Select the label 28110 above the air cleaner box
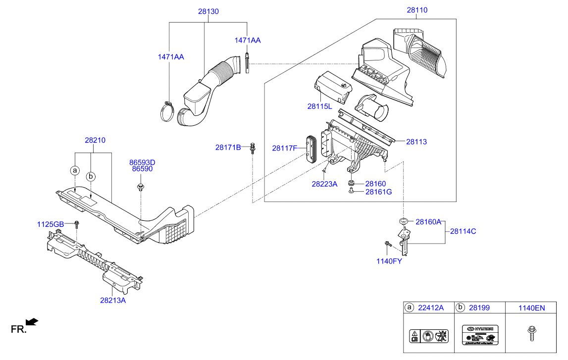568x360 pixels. pyautogui.click(x=417, y=10)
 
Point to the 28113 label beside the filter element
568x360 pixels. pyautogui.click(x=416, y=142)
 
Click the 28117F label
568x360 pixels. pyautogui.click(x=285, y=148)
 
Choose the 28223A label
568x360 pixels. pyautogui.click(x=324, y=184)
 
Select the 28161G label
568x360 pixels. pyautogui.click(x=379, y=192)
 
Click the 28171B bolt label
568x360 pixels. pyautogui.click(x=228, y=147)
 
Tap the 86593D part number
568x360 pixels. pyautogui.click(x=142, y=162)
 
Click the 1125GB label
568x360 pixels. pyautogui.click(x=51, y=224)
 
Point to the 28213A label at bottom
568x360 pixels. pyautogui.click(x=113, y=300)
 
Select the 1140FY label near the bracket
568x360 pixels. pyautogui.click(x=389, y=261)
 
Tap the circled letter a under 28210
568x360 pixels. pyautogui.click(x=75, y=171)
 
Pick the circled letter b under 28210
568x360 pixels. pyautogui.click(x=91, y=176)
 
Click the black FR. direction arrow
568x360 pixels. pyautogui.click(x=32, y=322)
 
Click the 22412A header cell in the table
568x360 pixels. pyautogui.click(x=429, y=308)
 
